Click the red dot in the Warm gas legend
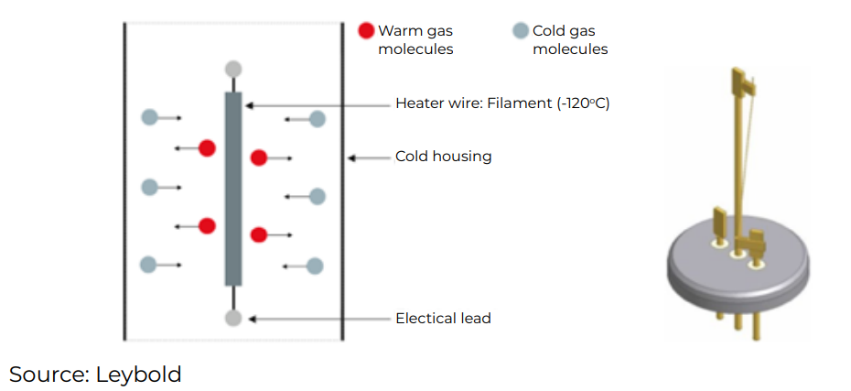click(366, 31)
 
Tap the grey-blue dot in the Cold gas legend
click(521, 31)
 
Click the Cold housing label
click(443, 157)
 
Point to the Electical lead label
click(443, 319)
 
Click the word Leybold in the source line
click(140, 374)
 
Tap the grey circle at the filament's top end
click(233, 69)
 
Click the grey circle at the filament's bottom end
click(233, 318)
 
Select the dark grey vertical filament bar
click(233, 188)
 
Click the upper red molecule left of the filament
click(208, 147)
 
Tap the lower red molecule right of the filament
click(259, 234)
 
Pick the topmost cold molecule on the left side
click(149, 117)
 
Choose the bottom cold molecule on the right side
click(315, 266)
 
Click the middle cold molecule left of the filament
click(149, 188)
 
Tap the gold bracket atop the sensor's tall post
click(743, 81)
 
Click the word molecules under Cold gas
click(570, 49)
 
